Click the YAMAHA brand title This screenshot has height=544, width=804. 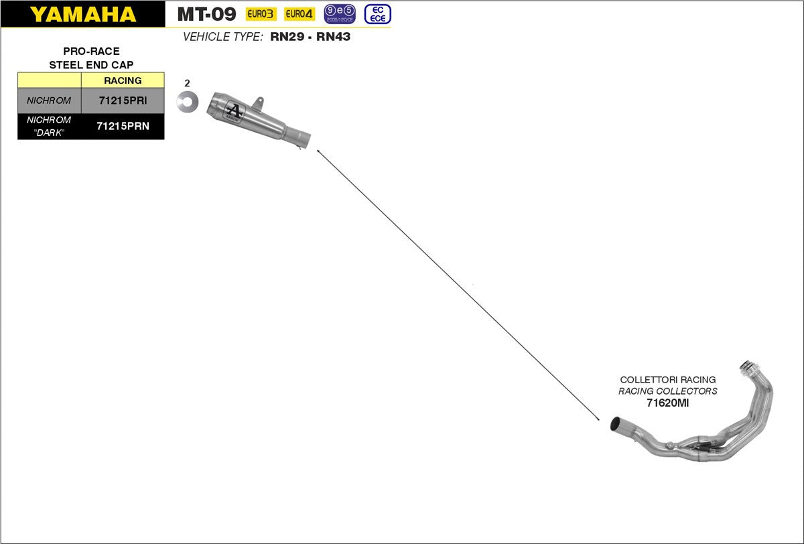(x=82, y=14)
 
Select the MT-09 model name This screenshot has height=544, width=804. (x=206, y=14)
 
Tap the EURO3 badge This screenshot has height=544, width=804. (x=261, y=14)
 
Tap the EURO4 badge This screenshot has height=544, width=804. (x=299, y=14)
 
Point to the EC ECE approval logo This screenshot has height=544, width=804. (x=377, y=14)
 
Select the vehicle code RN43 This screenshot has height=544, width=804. (x=333, y=37)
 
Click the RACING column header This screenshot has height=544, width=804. (x=123, y=80)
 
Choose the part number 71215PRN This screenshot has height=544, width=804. (x=122, y=125)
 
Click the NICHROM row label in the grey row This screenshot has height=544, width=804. (x=49, y=100)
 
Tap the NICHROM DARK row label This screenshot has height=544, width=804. (x=49, y=125)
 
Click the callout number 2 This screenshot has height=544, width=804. (x=187, y=84)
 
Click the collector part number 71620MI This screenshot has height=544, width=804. (x=667, y=403)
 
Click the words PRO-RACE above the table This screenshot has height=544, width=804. (x=91, y=51)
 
